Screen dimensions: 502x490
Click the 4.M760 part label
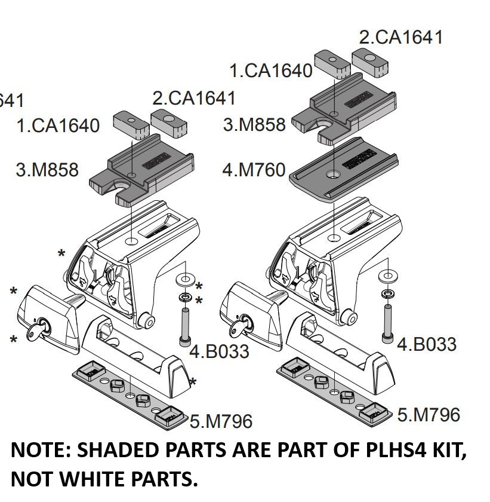(x=254, y=170)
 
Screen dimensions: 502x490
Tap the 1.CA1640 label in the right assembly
(x=271, y=71)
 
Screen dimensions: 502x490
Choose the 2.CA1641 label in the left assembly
(x=194, y=97)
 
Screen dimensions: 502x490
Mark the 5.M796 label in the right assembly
(x=429, y=414)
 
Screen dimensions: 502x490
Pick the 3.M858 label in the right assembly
(x=254, y=124)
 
